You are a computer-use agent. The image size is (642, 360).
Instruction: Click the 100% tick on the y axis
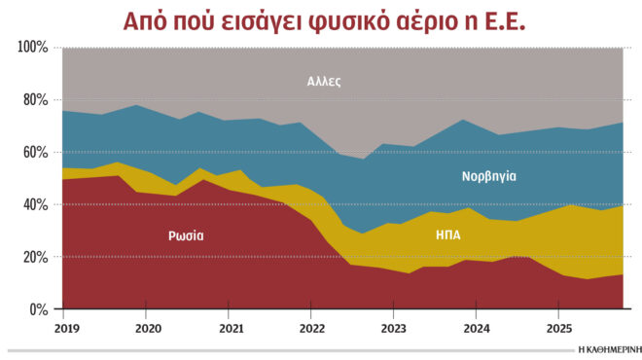click(x=34, y=48)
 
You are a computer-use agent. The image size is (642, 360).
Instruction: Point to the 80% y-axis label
click(x=37, y=100)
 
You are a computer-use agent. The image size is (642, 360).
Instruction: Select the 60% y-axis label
click(x=37, y=153)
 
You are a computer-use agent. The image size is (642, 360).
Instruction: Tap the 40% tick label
click(x=37, y=205)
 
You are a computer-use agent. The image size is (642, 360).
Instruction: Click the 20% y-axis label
click(x=37, y=258)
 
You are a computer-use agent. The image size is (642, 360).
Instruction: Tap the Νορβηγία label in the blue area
click(x=488, y=177)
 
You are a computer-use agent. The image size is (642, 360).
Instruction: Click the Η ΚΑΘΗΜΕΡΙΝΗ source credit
click(x=607, y=348)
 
